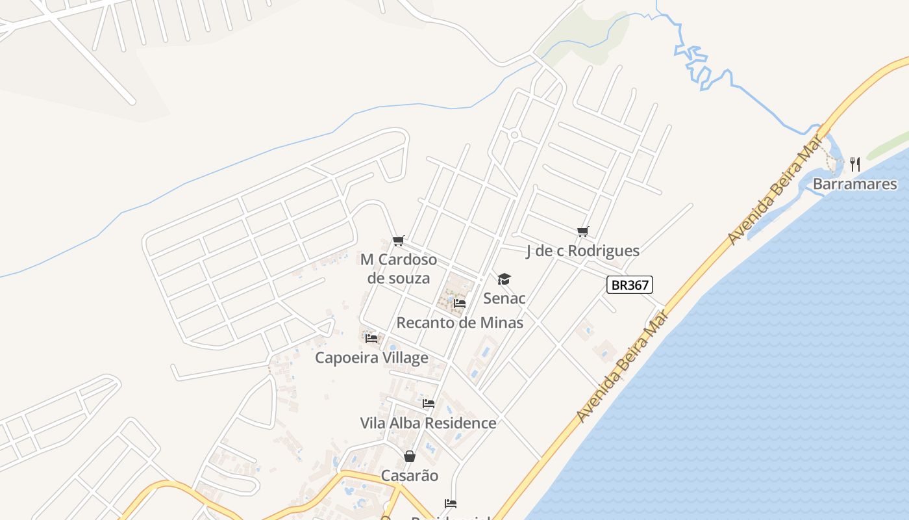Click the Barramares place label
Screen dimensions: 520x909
(x=854, y=184)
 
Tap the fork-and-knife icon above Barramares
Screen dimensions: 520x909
(x=855, y=164)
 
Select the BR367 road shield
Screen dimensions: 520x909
(x=629, y=285)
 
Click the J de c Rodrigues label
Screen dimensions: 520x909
(x=582, y=251)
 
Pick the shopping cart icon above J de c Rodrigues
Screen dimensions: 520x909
(x=582, y=231)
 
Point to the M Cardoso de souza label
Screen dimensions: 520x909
(x=399, y=268)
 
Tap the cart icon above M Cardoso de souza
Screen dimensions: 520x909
(x=399, y=241)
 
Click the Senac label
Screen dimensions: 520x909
(x=504, y=298)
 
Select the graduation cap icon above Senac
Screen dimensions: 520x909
(x=504, y=279)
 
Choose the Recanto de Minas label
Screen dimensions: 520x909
(x=460, y=322)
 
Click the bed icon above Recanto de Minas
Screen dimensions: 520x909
(x=460, y=303)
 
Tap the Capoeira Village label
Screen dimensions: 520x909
(x=371, y=357)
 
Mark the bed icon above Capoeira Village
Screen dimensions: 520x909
(x=371, y=338)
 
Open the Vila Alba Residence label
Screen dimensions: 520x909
(x=428, y=423)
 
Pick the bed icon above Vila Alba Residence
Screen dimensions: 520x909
(x=429, y=404)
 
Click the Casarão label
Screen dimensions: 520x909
(x=409, y=475)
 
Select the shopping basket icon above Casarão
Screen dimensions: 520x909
(x=409, y=456)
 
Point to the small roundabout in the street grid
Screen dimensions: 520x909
(x=514, y=135)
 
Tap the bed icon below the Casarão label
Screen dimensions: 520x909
(x=451, y=504)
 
